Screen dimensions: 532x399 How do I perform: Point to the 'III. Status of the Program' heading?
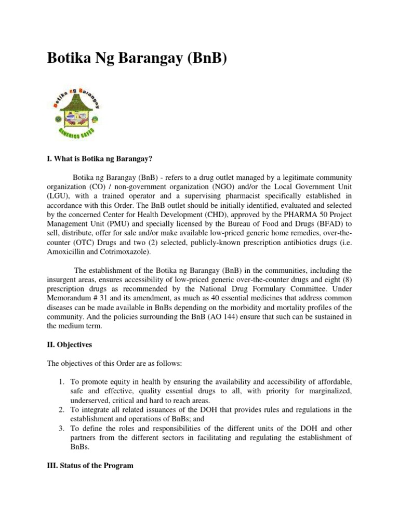click(90, 465)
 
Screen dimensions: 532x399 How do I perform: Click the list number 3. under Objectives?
click(61, 429)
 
